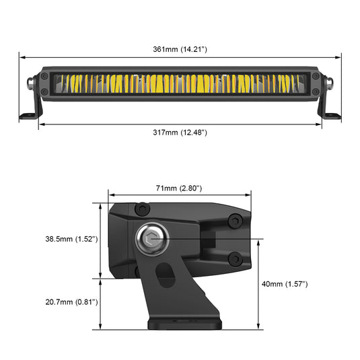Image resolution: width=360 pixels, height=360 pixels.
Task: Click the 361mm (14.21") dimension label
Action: point(180,50)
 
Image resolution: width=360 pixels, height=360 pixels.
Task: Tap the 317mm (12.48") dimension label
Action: point(180,133)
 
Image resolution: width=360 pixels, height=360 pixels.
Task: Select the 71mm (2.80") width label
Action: point(179,188)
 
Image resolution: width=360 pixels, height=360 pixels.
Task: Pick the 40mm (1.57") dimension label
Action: point(285,285)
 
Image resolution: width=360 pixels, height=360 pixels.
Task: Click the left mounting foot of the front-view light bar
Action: point(28,116)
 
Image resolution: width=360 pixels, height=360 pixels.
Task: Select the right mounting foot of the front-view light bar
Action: point(331,116)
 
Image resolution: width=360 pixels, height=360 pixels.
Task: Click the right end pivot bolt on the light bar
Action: point(330,84)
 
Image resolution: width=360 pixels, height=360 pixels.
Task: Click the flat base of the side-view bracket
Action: point(183,324)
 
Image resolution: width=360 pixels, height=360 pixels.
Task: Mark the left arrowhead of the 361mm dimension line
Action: point(21,57)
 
